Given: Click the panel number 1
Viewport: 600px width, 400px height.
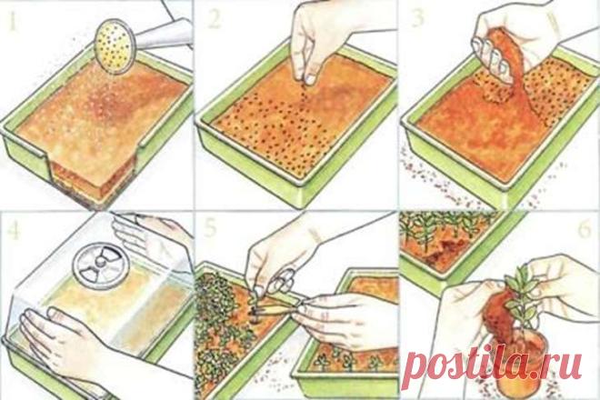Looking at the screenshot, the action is click(12, 24).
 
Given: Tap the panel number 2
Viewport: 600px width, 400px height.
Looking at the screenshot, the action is click(215, 19).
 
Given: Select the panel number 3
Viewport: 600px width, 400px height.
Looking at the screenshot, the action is click(418, 18).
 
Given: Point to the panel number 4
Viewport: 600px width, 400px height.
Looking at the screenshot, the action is click(14, 230).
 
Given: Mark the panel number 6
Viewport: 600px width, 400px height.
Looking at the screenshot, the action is click(585, 230).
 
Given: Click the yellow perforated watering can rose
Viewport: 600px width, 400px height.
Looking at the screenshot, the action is click(115, 46).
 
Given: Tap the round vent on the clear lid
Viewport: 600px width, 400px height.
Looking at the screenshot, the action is click(100, 265).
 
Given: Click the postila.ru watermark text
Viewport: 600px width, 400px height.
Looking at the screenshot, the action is click(494, 362).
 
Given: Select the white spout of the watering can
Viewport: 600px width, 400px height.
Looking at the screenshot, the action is click(165, 35).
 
